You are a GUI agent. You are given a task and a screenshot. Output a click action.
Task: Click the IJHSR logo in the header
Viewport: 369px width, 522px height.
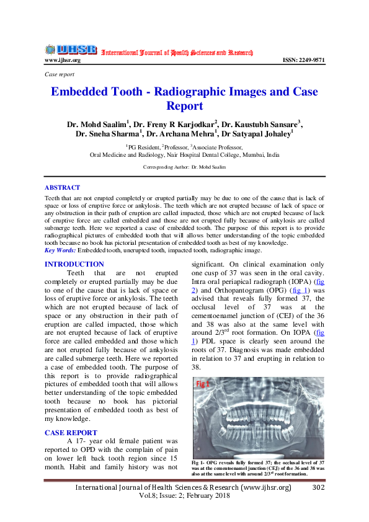(71, 50)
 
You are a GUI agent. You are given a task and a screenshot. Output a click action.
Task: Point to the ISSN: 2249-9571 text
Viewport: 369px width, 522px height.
(303, 60)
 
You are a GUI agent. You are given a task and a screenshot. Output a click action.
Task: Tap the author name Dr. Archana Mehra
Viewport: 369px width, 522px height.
(181, 133)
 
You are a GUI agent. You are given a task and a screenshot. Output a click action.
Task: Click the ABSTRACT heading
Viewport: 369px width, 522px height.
(62, 187)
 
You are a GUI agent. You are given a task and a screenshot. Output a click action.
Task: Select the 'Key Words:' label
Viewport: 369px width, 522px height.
(60, 250)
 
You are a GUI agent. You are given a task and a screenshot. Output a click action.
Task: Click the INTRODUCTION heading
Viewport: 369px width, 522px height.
(74, 264)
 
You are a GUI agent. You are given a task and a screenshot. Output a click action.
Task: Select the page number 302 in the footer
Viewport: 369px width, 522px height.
(318, 488)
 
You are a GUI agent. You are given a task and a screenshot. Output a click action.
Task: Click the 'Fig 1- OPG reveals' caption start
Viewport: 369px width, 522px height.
(217, 463)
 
